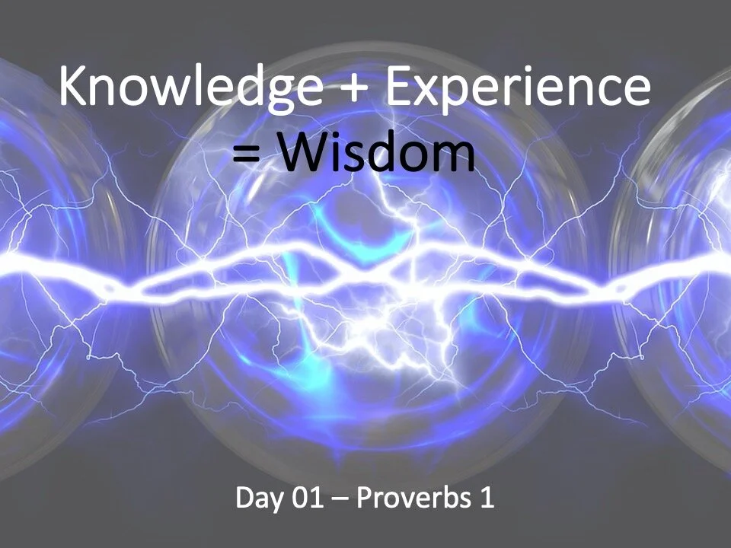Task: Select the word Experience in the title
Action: point(518,88)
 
